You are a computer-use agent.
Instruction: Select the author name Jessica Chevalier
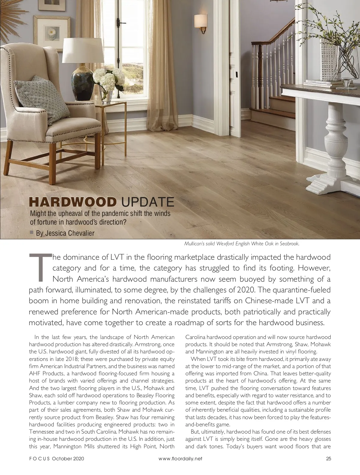click(65, 233)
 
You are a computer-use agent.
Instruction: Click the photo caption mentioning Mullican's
click(241, 244)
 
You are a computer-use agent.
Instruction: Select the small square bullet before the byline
click(31, 232)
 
